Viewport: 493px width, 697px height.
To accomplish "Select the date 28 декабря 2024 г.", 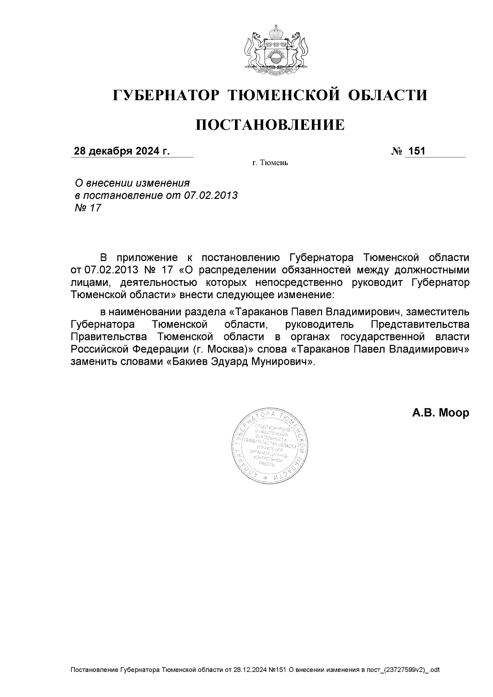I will pyautogui.click(x=122, y=152).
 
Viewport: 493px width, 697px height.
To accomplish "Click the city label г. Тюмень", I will pyautogui.click(x=270, y=163).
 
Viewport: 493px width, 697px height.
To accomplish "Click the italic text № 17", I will pyautogui.click(x=88, y=208).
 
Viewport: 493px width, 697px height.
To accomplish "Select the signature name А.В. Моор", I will pyautogui.click(x=440, y=413).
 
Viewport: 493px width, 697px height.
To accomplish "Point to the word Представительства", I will pyautogui.click(x=420, y=324).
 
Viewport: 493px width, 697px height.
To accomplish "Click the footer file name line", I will pyautogui.click(x=255, y=670).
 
